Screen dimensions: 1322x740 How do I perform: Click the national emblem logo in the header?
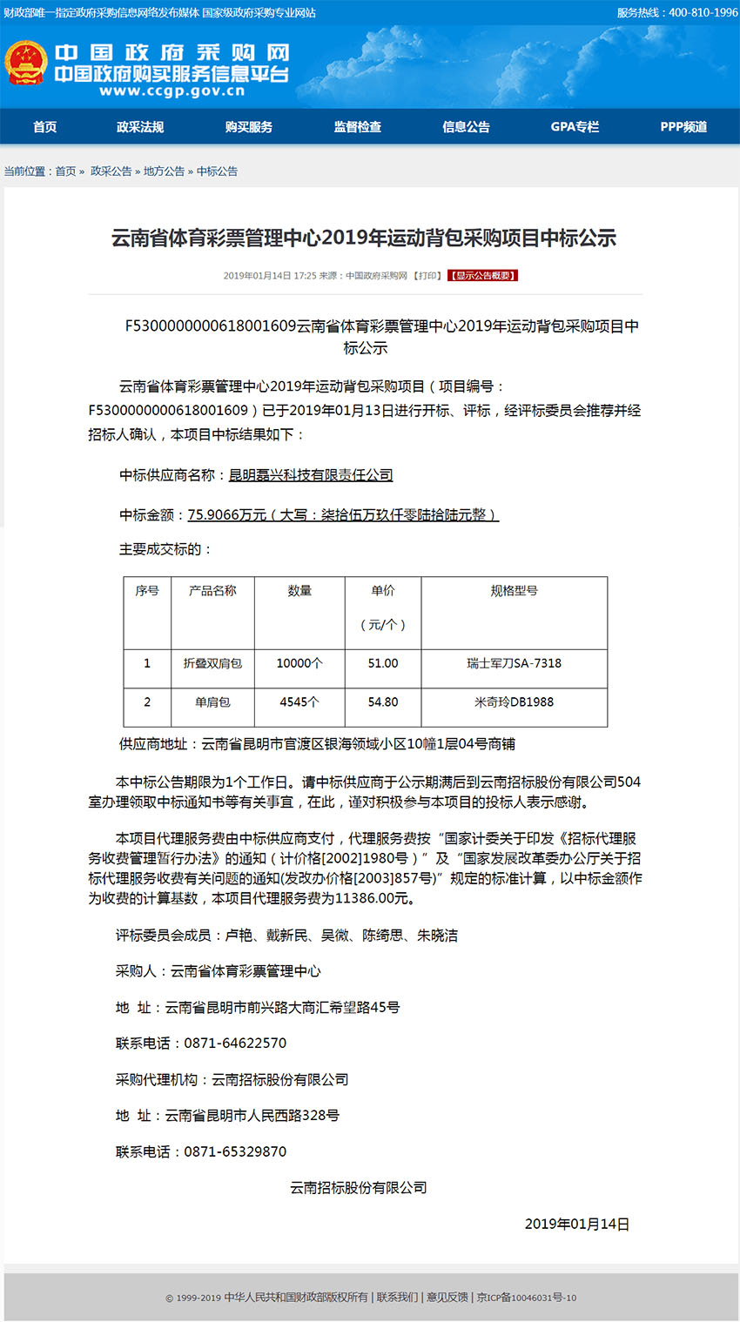(26, 64)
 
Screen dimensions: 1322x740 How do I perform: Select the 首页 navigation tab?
(45, 127)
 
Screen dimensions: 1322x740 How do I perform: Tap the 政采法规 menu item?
(140, 127)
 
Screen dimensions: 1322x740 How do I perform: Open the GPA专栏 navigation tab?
(575, 127)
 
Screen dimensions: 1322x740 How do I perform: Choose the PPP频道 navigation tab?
(683, 127)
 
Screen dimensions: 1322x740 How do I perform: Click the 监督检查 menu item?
(358, 127)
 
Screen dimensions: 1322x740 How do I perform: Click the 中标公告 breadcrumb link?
(217, 171)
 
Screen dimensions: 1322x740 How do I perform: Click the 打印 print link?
(427, 276)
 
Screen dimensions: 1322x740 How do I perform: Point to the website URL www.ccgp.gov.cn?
(172, 91)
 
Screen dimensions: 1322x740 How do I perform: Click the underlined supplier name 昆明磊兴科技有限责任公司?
(311, 475)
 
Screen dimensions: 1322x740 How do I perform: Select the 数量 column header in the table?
(299, 591)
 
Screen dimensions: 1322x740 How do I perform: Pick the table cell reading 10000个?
(299, 663)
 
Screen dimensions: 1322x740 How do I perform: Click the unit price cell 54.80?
(383, 702)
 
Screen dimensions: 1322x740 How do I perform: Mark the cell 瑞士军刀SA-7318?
(514, 663)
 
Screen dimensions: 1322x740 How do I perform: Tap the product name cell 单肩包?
(212, 702)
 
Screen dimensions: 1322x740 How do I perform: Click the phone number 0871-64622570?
(235, 1044)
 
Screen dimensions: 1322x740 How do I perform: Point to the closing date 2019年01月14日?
(576, 1224)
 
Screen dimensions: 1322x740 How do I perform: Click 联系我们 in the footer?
(397, 1298)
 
